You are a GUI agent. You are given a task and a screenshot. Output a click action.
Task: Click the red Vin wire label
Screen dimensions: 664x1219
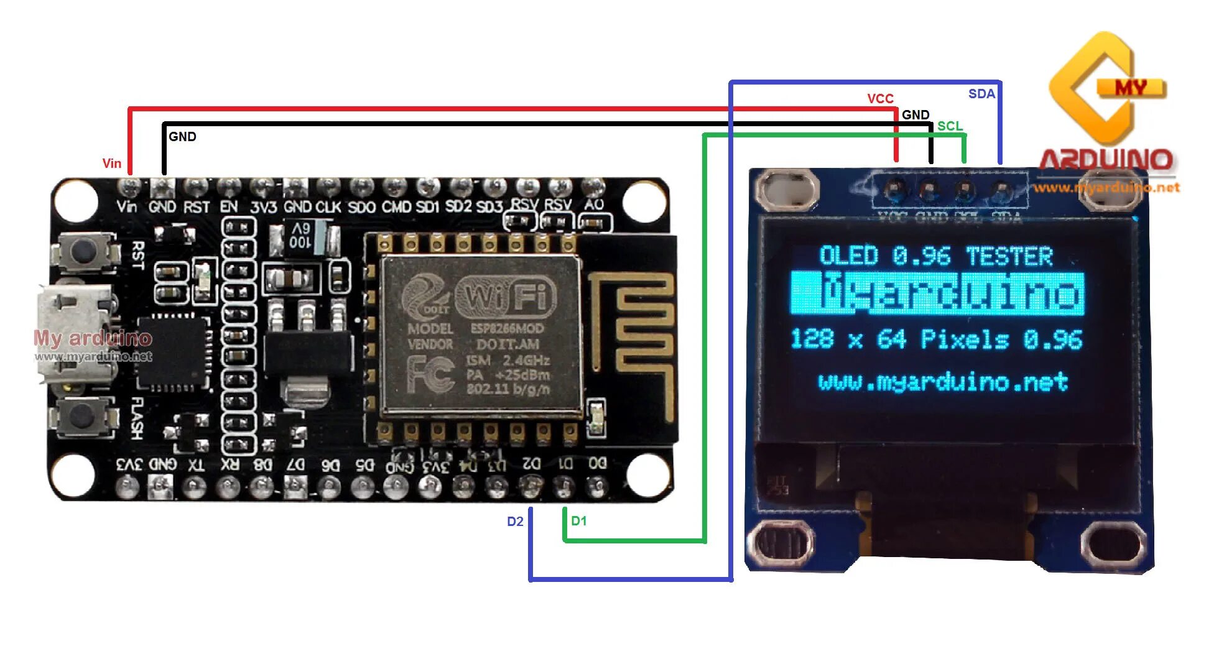click(112, 164)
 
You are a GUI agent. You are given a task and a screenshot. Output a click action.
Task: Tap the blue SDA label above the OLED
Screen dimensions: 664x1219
click(981, 94)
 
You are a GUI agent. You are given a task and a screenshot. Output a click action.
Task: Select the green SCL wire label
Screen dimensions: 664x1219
click(950, 126)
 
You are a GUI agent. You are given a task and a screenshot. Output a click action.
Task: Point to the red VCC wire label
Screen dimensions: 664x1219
click(880, 99)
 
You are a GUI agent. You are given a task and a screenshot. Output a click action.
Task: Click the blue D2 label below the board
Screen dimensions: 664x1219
click(515, 522)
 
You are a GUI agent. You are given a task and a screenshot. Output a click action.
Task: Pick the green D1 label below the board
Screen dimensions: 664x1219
click(578, 521)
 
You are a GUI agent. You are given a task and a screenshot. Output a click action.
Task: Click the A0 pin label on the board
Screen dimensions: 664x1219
click(593, 205)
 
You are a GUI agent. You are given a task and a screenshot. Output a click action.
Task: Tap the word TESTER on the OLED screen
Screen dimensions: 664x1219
click(1009, 256)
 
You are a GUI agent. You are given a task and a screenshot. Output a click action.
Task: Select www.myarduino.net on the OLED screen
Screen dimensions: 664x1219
click(943, 381)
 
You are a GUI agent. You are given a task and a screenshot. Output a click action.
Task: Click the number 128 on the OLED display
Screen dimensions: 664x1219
click(812, 339)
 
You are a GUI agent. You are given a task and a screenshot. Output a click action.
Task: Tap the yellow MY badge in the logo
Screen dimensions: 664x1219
click(1131, 88)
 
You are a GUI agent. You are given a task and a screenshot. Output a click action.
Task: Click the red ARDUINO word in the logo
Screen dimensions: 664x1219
click(1106, 160)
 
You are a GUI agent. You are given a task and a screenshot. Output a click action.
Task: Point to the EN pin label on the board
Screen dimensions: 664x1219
click(229, 206)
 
